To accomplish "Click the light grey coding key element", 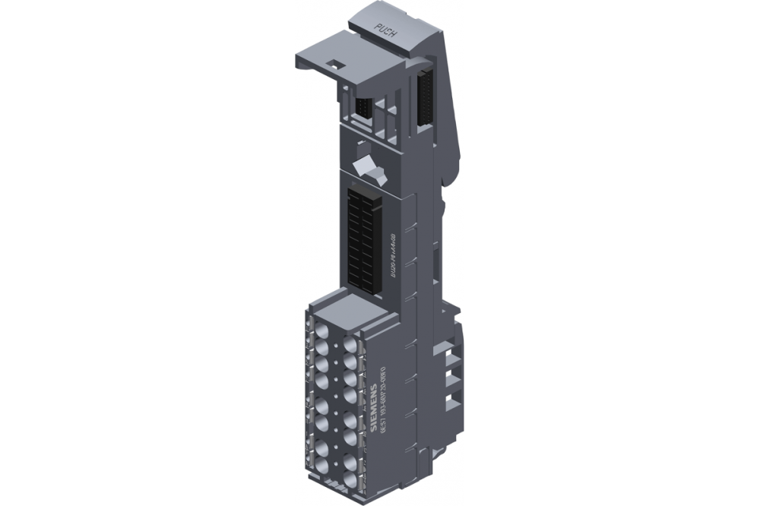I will [367, 168].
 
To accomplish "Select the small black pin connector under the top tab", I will [363, 107].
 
